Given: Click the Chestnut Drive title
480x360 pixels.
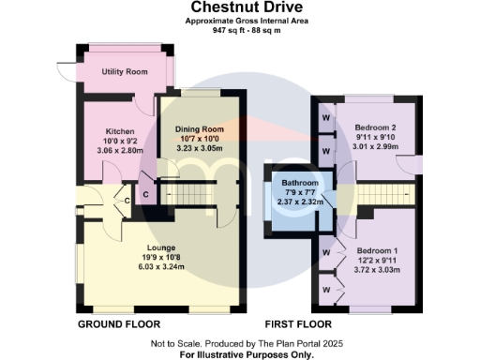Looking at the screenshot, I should (239, 7).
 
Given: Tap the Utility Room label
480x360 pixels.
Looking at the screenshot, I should (125, 72).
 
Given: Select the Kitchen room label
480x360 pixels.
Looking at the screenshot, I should (120, 131).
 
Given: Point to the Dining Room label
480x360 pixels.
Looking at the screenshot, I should (198, 129).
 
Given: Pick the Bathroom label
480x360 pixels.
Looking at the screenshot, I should (297, 183).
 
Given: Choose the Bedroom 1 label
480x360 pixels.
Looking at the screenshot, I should (375, 250).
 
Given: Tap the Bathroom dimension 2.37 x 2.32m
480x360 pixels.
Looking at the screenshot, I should (297, 202).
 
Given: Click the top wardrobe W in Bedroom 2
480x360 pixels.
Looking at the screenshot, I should (326, 119).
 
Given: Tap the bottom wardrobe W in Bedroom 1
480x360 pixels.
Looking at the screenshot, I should (325, 291).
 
